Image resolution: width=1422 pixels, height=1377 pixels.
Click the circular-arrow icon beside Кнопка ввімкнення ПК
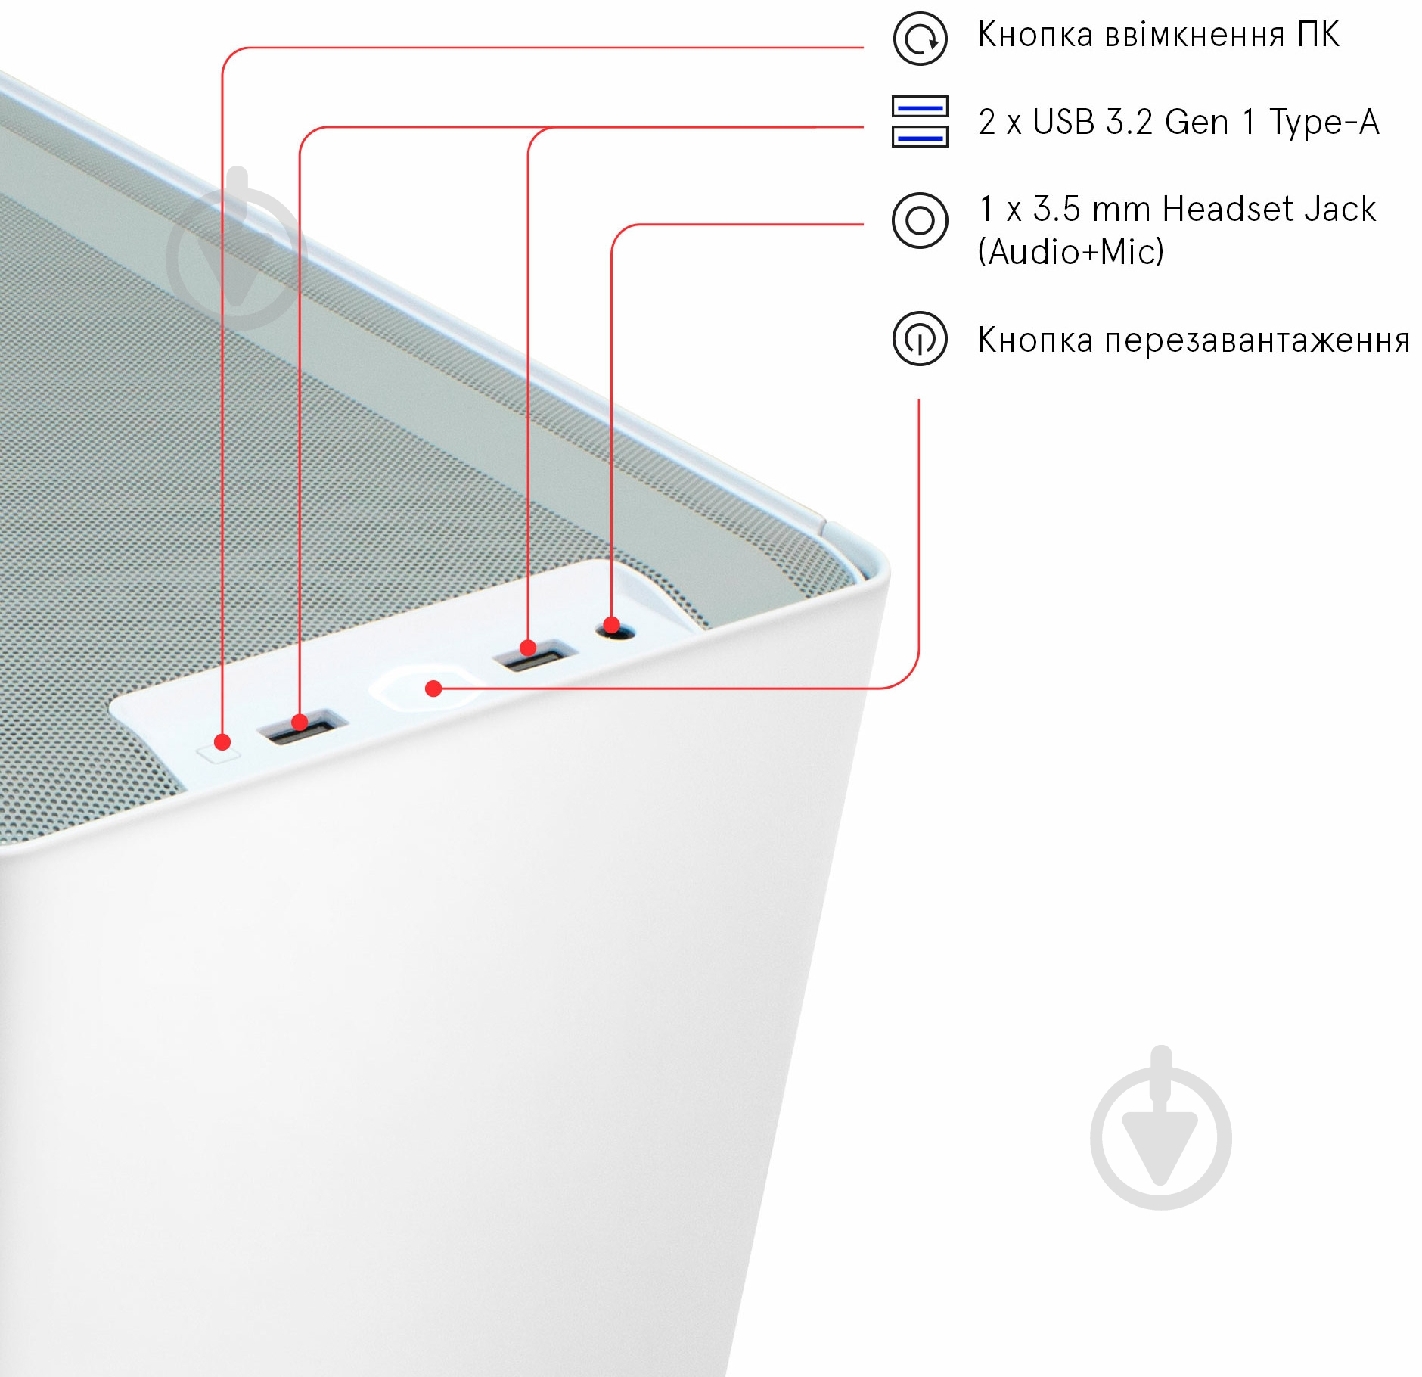point(920,38)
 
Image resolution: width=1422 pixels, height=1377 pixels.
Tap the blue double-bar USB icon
point(920,121)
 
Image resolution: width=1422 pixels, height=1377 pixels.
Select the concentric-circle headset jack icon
point(920,220)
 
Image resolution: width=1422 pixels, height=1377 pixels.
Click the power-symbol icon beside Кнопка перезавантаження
point(920,338)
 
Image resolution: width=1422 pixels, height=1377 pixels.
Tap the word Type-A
point(1324,123)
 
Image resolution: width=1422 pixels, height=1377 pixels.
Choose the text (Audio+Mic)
point(1071,252)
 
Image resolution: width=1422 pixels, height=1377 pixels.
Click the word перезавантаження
point(1258,341)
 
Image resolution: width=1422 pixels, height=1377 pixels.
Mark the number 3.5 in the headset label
point(1057,209)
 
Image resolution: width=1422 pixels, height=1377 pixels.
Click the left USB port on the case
point(302,726)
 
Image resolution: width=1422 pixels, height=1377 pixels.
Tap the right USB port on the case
point(536,655)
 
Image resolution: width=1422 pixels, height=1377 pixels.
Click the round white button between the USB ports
point(427,687)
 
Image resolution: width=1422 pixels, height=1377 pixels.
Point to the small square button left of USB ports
point(219,751)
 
